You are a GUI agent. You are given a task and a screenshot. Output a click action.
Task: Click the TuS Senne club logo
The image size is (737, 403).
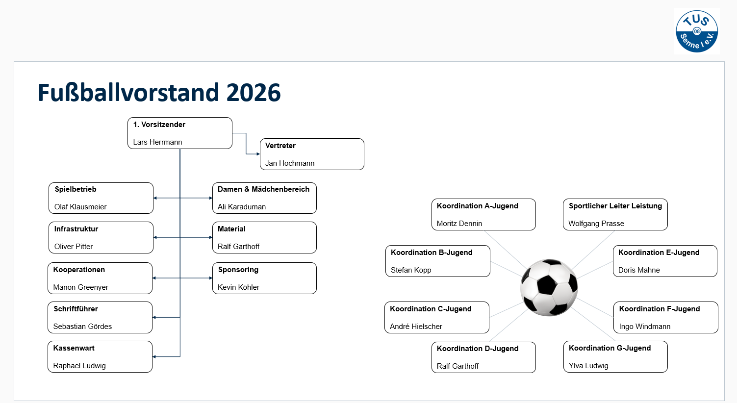(x=696, y=31)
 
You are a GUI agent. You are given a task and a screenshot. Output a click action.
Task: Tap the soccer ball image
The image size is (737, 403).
(x=549, y=287)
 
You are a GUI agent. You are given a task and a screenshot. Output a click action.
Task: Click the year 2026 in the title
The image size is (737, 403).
(x=254, y=93)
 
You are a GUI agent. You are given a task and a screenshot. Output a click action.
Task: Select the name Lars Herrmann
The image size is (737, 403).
(x=157, y=142)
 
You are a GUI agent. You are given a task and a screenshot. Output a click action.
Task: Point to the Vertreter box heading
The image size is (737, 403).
(x=280, y=146)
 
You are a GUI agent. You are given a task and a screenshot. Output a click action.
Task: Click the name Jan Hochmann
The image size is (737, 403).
(x=290, y=163)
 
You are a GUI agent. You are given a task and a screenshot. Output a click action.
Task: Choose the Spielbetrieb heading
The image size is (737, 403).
(x=76, y=189)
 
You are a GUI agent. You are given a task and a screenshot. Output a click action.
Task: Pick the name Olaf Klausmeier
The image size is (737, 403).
(x=80, y=207)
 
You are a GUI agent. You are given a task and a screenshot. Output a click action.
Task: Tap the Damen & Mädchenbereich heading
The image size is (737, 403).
(x=263, y=189)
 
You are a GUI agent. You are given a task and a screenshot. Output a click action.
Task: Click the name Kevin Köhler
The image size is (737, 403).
(x=238, y=287)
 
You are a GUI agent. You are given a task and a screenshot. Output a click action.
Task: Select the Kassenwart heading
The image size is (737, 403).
(x=74, y=348)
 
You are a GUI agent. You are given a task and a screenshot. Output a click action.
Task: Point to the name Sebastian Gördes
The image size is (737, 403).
(x=82, y=327)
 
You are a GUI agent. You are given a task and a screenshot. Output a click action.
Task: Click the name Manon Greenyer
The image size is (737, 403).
(x=80, y=287)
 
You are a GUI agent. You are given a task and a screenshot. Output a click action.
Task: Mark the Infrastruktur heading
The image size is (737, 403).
(x=76, y=229)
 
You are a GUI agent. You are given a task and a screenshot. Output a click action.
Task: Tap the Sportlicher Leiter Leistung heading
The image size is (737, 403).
(x=615, y=206)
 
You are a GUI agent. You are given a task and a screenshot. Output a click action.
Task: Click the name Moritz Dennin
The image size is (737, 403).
(x=459, y=224)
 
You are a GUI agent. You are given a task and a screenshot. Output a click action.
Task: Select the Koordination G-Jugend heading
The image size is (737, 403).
(x=610, y=348)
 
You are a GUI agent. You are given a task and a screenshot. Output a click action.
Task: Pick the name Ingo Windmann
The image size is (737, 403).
(x=644, y=327)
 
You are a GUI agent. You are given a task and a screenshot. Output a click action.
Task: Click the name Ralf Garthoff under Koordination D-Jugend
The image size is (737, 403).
(x=457, y=366)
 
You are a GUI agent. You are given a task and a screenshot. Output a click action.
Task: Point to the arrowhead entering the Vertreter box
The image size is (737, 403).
(x=258, y=154)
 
